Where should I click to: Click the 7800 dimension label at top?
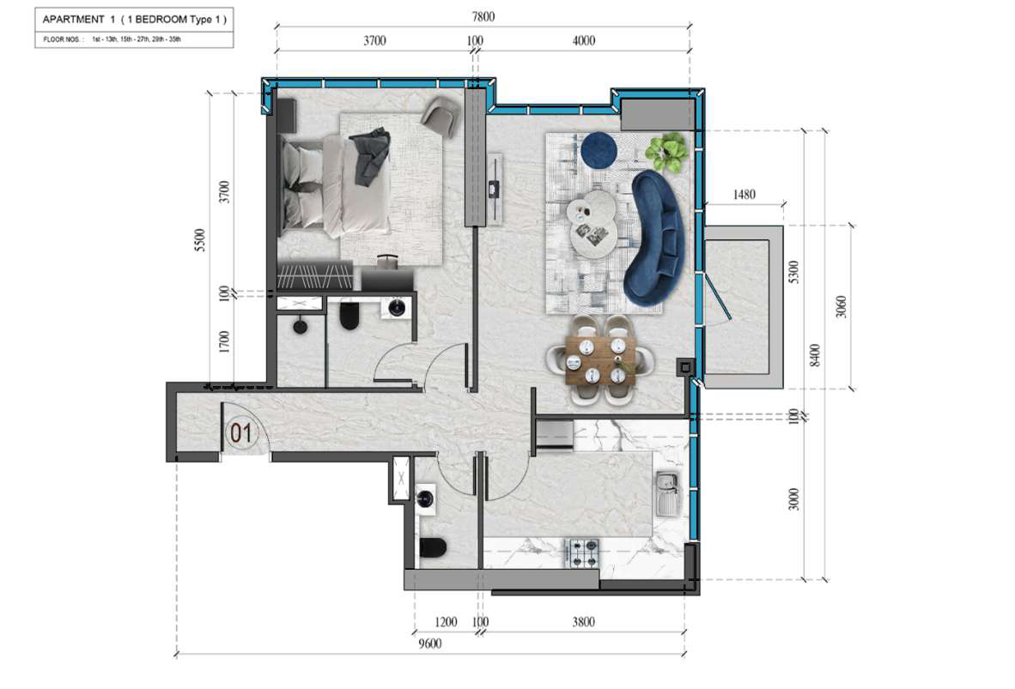click(x=483, y=16)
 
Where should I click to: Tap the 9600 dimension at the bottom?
click(x=430, y=643)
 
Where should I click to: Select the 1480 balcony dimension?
click(x=745, y=194)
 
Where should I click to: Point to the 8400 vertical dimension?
click(x=815, y=355)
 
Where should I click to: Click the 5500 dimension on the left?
click(x=200, y=240)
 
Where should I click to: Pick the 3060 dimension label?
click(x=841, y=306)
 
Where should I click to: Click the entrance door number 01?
click(x=240, y=432)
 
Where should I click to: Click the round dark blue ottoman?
click(x=599, y=149)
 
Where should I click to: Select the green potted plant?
click(x=666, y=153)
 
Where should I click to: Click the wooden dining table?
click(x=600, y=361)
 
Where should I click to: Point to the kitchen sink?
click(x=667, y=493)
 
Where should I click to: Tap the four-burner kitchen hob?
click(x=582, y=553)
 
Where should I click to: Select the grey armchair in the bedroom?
click(x=441, y=117)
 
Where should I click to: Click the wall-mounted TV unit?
click(x=495, y=189)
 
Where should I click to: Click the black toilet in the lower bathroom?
click(x=433, y=548)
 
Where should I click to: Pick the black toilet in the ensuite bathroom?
click(x=349, y=315)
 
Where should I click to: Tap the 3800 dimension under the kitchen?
click(x=582, y=622)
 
